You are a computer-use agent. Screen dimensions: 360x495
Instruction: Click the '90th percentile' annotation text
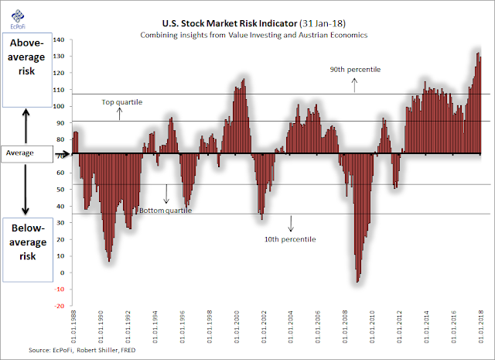pos(355,70)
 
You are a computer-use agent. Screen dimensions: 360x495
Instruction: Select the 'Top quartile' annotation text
pos(121,102)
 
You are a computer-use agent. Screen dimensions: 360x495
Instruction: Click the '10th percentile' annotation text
pos(291,239)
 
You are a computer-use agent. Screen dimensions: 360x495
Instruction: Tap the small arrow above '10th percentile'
pos(291,224)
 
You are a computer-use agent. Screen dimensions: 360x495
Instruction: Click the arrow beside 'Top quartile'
pos(120,114)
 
